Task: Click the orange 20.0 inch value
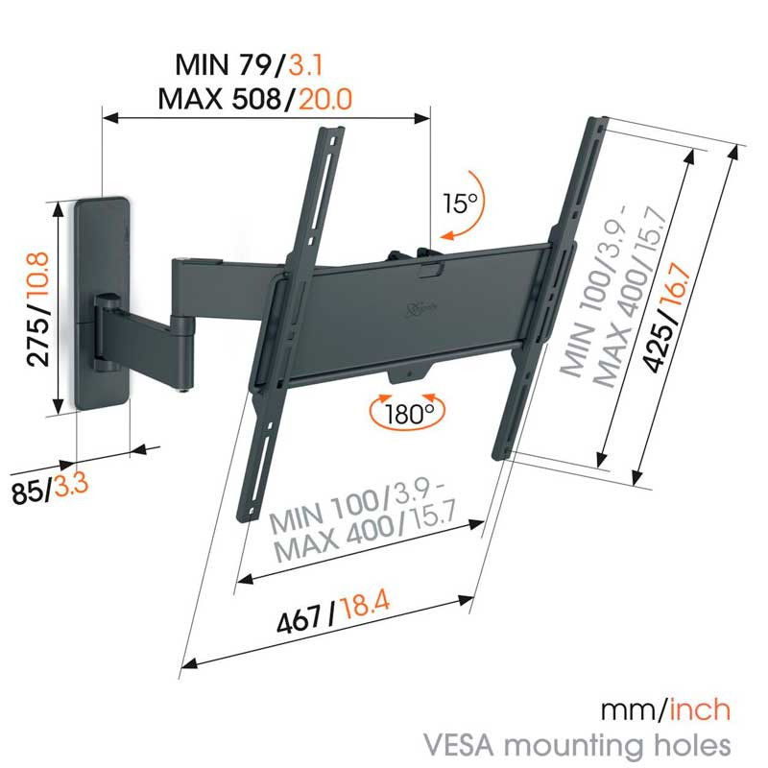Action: pos(325,100)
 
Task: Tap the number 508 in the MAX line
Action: pos(256,100)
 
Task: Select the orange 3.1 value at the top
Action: pos(305,65)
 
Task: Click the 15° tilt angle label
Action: pos(460,204)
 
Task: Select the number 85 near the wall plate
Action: pos(28,493)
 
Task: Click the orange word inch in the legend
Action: pos(700,710)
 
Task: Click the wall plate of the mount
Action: pos(102,303)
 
